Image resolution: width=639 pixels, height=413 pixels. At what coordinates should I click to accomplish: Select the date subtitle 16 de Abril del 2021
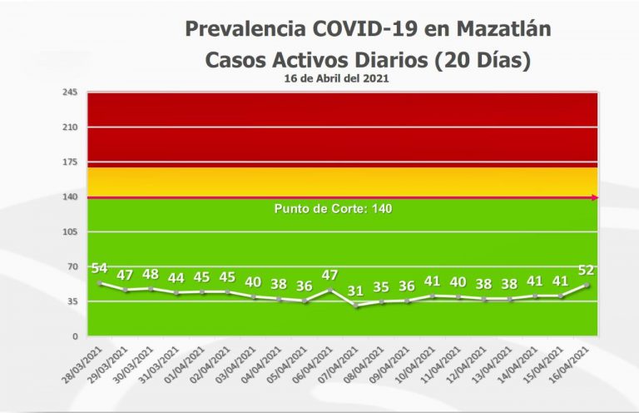coord(337,77)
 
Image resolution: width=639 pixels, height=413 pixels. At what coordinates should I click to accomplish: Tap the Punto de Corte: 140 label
coord(333,208)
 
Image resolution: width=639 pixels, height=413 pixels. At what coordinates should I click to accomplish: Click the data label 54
coord(100,268)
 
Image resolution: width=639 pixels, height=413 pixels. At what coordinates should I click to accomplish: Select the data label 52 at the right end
coord(586,270)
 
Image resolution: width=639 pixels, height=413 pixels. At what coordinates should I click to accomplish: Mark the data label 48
coord(151,274)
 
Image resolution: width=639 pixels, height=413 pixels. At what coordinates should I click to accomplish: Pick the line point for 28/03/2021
coord(101,283)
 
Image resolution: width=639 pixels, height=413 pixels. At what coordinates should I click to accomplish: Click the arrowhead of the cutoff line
coord(594,197)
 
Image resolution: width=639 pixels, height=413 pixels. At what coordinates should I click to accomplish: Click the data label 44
coord(176,278)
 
